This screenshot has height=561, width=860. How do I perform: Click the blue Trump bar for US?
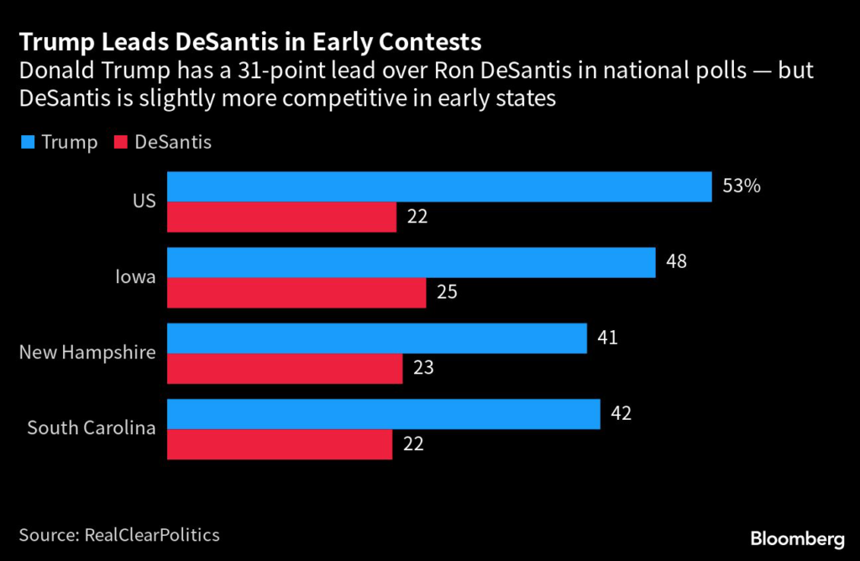point(439,186)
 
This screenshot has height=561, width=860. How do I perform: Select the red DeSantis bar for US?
point(281,217)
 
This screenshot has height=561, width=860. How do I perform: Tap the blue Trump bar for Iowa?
point(411,262)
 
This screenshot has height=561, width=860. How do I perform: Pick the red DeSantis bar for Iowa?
point(296,292)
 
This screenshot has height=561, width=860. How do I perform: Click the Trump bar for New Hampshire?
point(376,338)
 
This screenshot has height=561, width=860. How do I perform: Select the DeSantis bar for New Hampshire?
point(285,368)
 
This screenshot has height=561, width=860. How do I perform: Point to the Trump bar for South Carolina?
point(383,414)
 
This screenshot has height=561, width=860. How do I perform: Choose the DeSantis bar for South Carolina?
point(280,444)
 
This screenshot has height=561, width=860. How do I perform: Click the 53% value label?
point(742,186)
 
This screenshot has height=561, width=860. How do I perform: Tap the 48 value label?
point(675,261)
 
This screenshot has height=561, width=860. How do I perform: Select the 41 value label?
point(606,338)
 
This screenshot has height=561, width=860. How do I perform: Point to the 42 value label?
point(620,413)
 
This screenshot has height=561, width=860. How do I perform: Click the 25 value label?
point(445,291)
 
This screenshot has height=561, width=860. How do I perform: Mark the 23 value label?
point(422,367)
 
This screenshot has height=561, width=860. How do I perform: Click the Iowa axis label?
point(135,276)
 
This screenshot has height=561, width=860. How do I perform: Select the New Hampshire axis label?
point(87,352)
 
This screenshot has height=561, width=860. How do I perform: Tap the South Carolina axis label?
point(92,427)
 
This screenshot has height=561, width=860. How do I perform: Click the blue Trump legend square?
point(27,143)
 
